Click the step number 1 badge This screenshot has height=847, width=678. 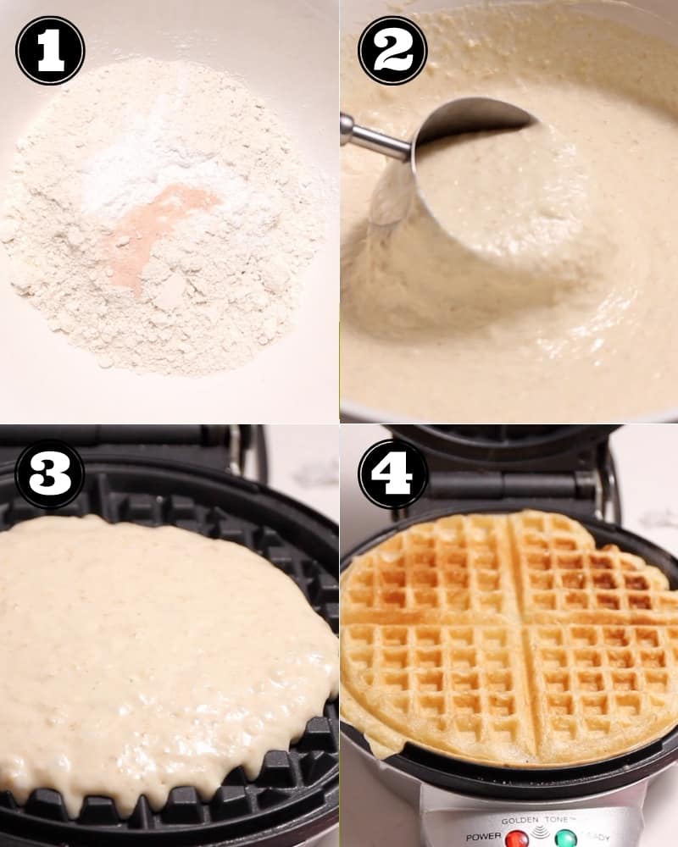(50, 51)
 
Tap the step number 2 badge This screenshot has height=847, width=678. (392, 51)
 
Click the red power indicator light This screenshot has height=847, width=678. (517, 838)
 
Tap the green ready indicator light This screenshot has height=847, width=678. (565, 838)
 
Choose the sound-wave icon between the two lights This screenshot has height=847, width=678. (541, 834)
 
